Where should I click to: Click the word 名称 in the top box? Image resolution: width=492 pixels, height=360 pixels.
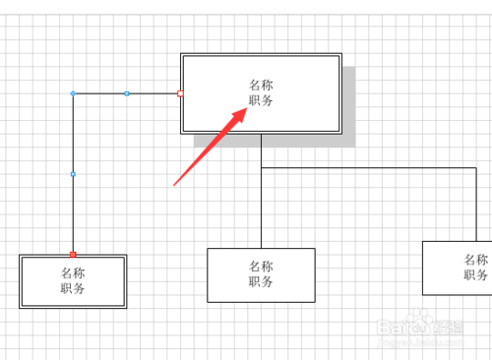click(x=261, y=86)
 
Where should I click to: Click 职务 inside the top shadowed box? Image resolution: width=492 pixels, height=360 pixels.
click(x=261, y=100)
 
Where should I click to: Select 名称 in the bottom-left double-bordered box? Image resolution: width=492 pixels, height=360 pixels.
click(x=73, y=273)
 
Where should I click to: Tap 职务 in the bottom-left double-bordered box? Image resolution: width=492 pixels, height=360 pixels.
click(x=73, y=288)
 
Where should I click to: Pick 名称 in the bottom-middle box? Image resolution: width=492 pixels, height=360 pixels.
click(x=261, y=267)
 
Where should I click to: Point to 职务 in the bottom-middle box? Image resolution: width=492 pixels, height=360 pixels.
click(x=261, y=281)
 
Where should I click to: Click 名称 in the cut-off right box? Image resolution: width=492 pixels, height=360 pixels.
click(x=476, y=260)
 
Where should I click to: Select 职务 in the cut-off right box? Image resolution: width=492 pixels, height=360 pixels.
click(x=476, y=274)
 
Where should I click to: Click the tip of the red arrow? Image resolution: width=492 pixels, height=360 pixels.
click(x=246, y=109)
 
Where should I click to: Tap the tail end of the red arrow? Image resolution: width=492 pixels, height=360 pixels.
click(x=174, y=184)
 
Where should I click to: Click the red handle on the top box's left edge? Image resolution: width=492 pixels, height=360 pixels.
click(x=180, y=93)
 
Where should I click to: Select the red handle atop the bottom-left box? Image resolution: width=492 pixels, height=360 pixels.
click(x=73, y=254)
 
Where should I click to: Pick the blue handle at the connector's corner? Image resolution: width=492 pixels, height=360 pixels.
click(x=73, y=93)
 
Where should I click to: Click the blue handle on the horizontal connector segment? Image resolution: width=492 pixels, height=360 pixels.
click(x=126, y=93)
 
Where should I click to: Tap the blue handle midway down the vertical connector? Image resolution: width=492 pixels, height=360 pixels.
click(x=73, y=174)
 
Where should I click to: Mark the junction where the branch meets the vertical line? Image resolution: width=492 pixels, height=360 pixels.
click(x=262, y=169)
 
